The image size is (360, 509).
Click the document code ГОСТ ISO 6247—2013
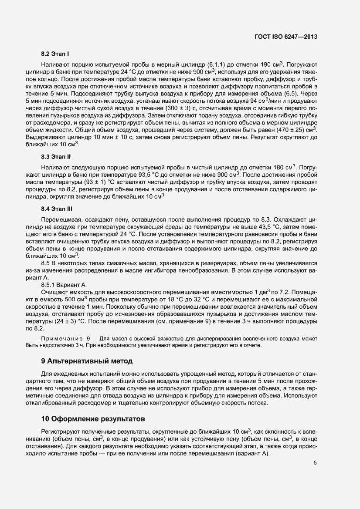[285, 37]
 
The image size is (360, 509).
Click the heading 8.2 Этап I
[55, 54]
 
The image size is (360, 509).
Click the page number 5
[315, 463]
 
